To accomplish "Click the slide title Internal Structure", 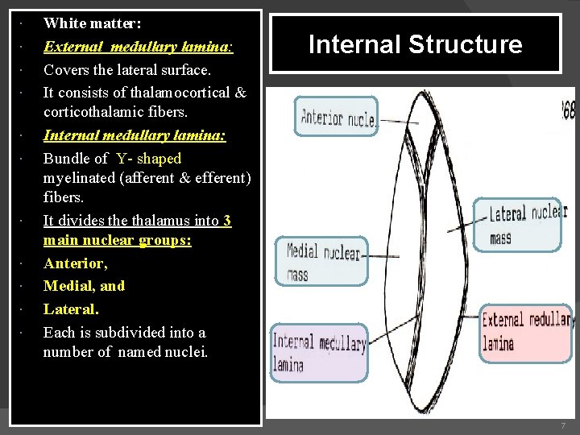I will pos(415,44).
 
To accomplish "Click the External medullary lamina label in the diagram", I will pos(525,332).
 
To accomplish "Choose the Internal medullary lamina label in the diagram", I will pos(318,353).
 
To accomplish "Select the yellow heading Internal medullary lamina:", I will pos(135,135).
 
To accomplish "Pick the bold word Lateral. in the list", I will pos(71,309).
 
